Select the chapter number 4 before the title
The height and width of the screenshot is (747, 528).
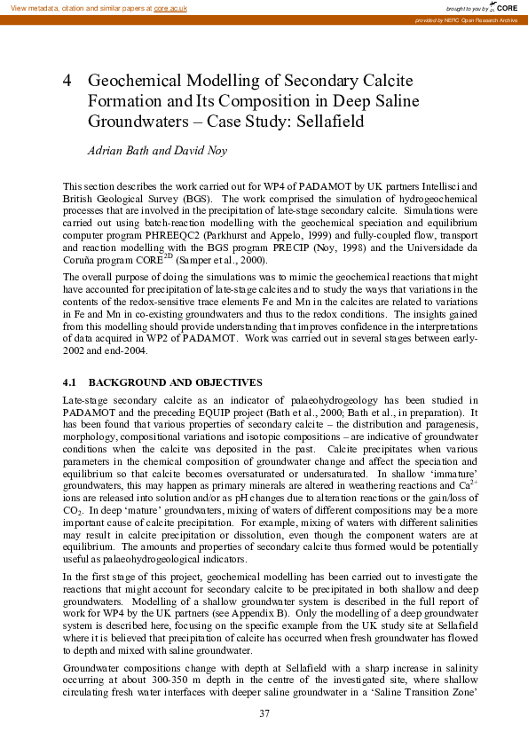(x=67, y=81)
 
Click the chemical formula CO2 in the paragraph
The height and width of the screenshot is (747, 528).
(x=73, y=511)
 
